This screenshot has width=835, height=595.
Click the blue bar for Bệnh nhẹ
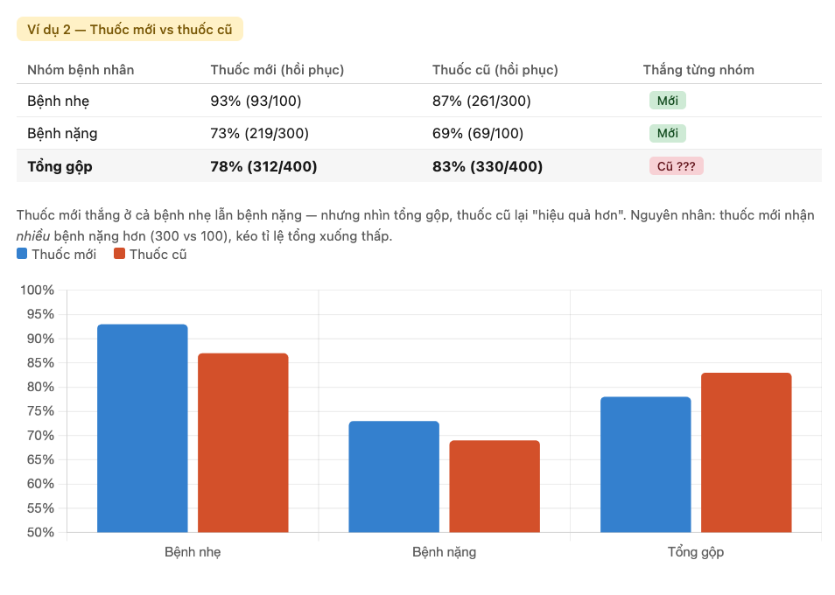pos(142,428)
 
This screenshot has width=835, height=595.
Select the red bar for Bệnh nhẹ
pos(242,442)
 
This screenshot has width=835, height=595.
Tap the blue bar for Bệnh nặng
pos(393,476)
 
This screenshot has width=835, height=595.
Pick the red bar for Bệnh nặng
pos(495,486)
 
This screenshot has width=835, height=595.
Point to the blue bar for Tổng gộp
pos(645,464)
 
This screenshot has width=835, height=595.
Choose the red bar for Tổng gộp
pos(746,452)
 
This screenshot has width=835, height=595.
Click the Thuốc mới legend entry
pos(57,255)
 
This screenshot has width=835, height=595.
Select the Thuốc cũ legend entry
pos(150,255)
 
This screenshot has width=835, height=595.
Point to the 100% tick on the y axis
pos(38,290)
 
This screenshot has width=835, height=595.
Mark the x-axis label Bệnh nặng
pos(444,552)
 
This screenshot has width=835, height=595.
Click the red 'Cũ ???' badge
pos(676,166)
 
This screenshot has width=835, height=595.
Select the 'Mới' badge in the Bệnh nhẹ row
pos(667,101)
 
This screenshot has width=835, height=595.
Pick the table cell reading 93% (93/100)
pos(256,101)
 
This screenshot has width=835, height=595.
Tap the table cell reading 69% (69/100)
pos(478,134)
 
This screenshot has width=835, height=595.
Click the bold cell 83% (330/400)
pos(487,166)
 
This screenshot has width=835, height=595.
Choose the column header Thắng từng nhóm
pos(698,69)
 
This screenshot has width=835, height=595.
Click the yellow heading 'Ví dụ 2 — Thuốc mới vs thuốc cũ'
pos(130,29)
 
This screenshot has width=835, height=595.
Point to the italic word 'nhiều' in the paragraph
pos(33,236)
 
